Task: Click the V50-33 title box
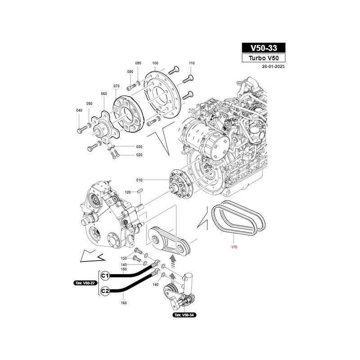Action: coord(263,48)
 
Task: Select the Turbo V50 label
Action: coord(263,58)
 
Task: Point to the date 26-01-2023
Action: coord(273,66)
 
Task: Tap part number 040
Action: coord(79,110)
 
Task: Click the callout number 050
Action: coord(89,103)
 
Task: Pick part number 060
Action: coord(104,94)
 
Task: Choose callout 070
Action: coord(116,86)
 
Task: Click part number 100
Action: coord(155,63)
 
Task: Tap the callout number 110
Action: coord(192,63)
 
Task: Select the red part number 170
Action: coord(234,247)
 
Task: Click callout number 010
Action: coord(139,180)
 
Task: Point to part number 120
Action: coord(128,192)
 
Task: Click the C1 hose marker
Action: coord(105,275)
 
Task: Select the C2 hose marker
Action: coord(105,291)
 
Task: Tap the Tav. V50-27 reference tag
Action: coord(85,283)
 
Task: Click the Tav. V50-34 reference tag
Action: coord(184,315)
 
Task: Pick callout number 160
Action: coord(124,303)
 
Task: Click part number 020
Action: coord(139,155)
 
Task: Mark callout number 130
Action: coord(124,258)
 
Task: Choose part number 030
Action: coord(139,147)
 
